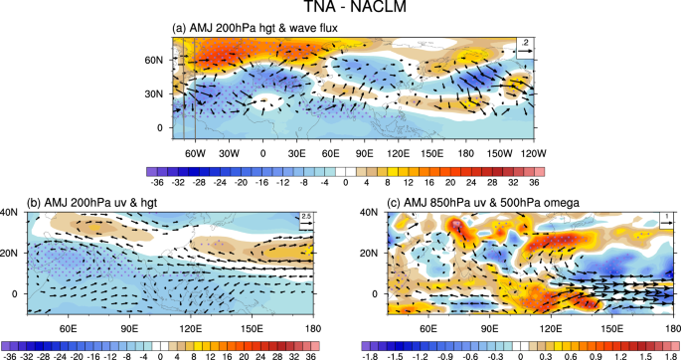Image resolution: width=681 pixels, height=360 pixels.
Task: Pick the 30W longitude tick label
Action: click(x=228, y=154)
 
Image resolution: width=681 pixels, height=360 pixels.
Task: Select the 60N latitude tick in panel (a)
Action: click(x=154, y=61)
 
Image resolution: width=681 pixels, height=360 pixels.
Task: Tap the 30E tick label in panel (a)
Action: click(x=297, y=154)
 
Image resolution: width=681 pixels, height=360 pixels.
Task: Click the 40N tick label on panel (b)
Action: click(x=9, y=212)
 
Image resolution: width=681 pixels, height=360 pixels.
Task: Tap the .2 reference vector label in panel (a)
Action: click(x=523, y=42)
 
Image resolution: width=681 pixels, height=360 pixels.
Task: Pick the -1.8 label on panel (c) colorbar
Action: click(x=373, y=352)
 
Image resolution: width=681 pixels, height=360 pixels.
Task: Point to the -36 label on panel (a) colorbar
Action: click(x=155, y=183)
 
